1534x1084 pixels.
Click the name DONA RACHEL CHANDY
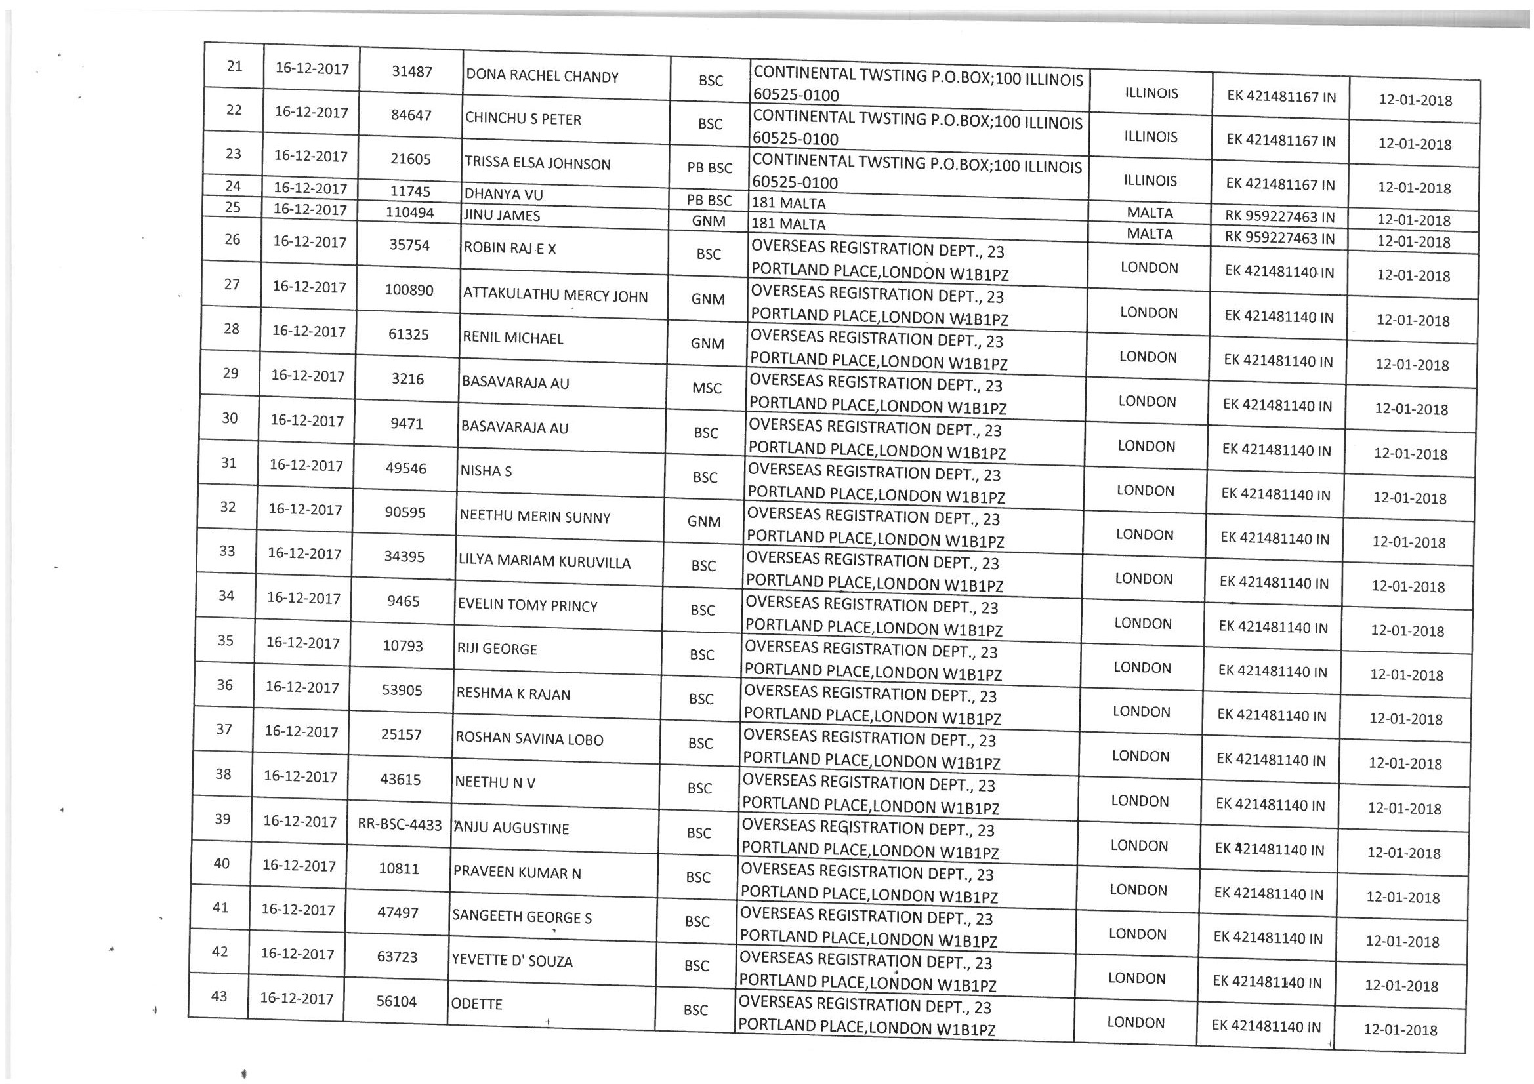click(x=542, y=76)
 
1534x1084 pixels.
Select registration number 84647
click(x=411, y=115)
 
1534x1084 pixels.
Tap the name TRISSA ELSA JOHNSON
click(x=537, y=163)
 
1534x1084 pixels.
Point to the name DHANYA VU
click(x=503, y=194)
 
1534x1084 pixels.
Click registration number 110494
click(x=409, y=212)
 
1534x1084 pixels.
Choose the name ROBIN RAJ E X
click(x=510, y=249)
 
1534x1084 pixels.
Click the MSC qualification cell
click(x=707, y=388)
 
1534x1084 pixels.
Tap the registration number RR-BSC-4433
click(x=400, y=825)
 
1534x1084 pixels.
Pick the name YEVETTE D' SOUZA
click(x=512, y=961)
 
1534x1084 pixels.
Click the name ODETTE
click(x=477, y=1004)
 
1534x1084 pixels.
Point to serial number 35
click(x=226, y=641)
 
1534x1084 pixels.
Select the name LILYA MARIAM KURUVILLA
click(x=544, y=562)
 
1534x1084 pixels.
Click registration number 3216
click(x=407, y=378)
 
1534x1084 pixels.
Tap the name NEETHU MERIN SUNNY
click(x=535, y=517)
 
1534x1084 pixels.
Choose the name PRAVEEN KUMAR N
click(x=517, y=872)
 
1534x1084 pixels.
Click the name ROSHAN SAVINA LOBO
click(x=529, y=739)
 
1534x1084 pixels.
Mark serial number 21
click(x=234, y=66)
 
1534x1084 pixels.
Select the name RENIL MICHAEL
click(x=512, y=338)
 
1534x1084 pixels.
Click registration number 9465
click(x=404, y=601)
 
